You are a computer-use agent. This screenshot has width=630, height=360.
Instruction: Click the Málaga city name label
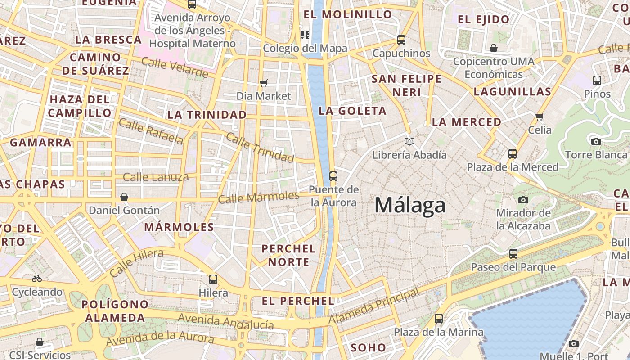pos(410,206)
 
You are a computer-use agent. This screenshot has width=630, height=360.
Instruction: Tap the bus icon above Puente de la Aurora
pos(333,176)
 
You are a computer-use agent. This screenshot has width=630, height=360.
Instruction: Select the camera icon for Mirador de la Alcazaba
pos(523,200)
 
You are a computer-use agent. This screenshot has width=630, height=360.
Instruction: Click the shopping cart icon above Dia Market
pos(264,83)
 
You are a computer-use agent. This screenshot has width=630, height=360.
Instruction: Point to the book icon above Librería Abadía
pos(409,142)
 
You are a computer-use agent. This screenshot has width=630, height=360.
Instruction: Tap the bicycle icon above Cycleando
pos(37,279)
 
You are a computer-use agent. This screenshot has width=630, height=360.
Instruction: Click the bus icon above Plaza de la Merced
pos(512,154)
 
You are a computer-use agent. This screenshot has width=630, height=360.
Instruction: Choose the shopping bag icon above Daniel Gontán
pos(124,197)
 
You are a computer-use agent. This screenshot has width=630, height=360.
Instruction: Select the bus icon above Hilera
pos(213,279)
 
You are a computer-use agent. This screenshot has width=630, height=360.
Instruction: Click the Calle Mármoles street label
pos(259,197)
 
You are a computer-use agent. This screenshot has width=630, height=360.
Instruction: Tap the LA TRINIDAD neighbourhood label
pos(207,115)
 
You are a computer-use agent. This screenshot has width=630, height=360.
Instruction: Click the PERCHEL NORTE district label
pos(288,255)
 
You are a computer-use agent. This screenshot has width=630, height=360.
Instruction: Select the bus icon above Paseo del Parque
pos(513,254)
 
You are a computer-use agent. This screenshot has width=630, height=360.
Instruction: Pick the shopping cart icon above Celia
pos(539,117)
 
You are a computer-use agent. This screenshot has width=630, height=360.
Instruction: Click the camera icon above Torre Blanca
pos(596,141)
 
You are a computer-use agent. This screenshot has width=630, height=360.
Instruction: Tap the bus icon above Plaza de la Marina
pos(439,319)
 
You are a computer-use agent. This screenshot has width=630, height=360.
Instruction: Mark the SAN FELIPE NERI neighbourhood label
pos(406,85)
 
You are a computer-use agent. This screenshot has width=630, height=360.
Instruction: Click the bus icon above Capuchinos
pos(401,40)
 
